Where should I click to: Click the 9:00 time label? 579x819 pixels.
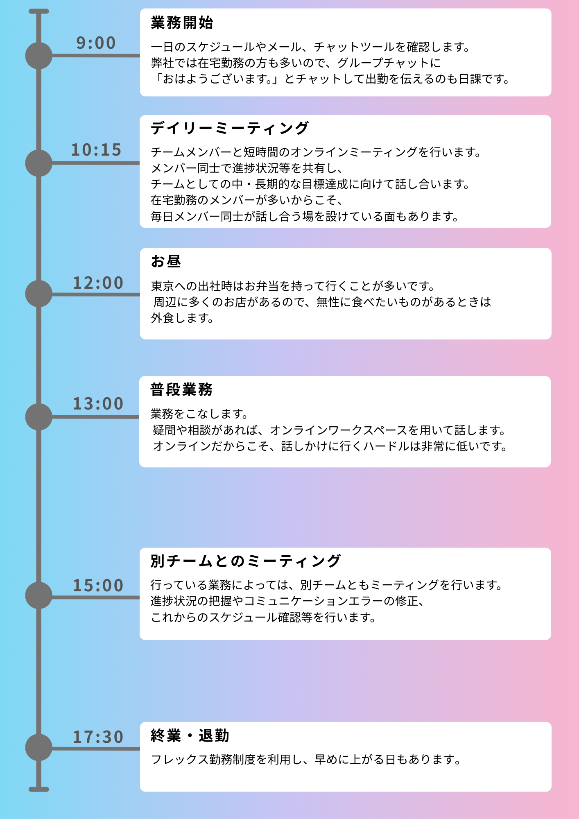click(x=96, y=43)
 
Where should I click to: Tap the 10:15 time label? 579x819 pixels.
click(x=96, y=150)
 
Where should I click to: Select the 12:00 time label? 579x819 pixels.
click(x=98, y=283)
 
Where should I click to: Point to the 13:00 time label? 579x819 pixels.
click(x=98, y=404)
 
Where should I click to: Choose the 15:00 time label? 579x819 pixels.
click(x=98, y=586)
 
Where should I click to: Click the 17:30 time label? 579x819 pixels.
click(x=98, y=737)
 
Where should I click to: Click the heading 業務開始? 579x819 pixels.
click(x=182, y=23)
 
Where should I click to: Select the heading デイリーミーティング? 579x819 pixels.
click(x=230, y=128)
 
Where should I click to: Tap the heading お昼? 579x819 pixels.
click(x=166, y=261)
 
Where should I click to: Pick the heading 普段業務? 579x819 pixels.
click(x=182, y=389)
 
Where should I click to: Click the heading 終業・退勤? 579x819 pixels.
click(x=190, y=736)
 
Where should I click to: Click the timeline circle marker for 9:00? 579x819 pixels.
click(x=39, y=56)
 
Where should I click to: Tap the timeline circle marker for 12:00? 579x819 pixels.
click(x=39, y=294)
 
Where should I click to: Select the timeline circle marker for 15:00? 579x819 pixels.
click(x=39, y=595)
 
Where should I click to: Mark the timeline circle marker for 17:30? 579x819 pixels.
click(x=39, y=747)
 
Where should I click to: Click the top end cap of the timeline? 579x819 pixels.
click(x=39, y=11)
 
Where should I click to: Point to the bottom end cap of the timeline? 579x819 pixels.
click(x=39, y=789)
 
